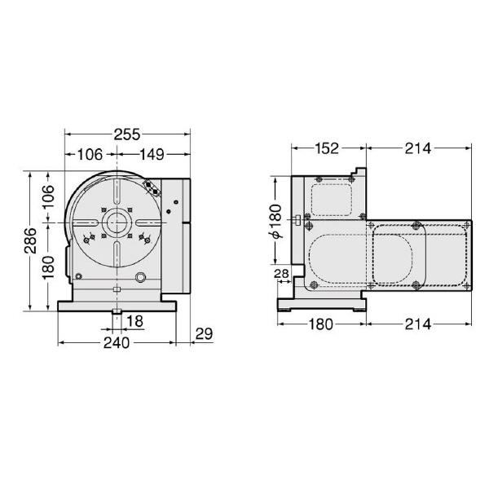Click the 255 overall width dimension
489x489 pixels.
pos(126,134)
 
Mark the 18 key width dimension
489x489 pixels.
pos(134,321)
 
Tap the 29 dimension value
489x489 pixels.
pos(204,334)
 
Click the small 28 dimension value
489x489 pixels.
pos(281,274)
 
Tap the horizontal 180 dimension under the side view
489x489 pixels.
pos(322,324)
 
